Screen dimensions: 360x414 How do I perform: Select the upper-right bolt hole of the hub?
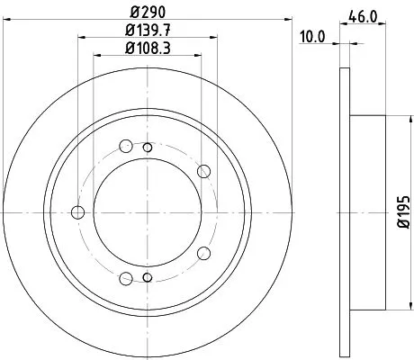click(203, 170)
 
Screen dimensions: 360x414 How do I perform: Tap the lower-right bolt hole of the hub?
click(203, 254)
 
